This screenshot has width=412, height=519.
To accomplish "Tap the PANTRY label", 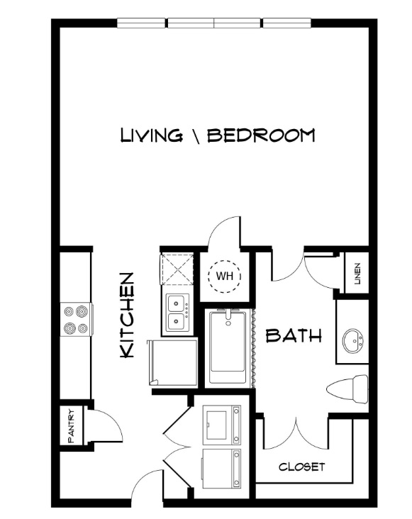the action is (x=71, y=425).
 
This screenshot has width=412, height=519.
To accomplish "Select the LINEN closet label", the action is (x=357, y=274).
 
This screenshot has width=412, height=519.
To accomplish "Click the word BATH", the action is (x=294, y=335).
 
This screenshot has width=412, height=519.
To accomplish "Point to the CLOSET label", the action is (x=302, y=467).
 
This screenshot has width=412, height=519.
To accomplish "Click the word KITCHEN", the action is (x=127, y=315).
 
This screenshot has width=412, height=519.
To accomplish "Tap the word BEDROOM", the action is (x=261, y=135).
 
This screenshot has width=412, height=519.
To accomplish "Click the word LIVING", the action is (x=151, y=135).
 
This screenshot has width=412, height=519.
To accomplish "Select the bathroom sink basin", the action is (x=353, y=341).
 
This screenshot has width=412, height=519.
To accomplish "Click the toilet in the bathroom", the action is (x=347, y=389).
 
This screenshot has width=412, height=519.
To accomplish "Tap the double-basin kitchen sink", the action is (x=177, y=313).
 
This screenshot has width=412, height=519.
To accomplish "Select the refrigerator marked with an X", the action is (x=177, y=269).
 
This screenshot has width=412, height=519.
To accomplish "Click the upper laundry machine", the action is (x=221, y=425).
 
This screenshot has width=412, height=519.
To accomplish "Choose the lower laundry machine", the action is (x=221, y=469).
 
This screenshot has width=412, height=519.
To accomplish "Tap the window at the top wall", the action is (x=214, y=23).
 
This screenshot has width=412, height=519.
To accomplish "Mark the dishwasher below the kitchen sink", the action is (x=172, y=362).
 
